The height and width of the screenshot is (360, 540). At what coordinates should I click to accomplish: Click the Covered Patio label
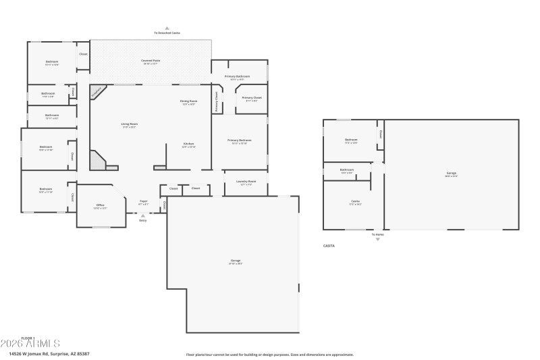pos(151,61)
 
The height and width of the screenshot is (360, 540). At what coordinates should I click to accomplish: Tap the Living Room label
pos(129,124)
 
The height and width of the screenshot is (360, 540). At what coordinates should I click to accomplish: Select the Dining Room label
pos(188,101)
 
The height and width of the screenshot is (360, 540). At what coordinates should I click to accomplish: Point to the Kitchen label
pos(189,144)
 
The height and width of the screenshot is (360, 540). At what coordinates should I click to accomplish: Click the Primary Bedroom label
pos(240,140)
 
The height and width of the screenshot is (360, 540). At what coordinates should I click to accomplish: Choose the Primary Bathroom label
pos(238,76)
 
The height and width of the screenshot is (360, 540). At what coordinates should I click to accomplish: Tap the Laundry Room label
pos(246,181)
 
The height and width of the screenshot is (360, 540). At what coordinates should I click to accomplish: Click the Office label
pos(100,205)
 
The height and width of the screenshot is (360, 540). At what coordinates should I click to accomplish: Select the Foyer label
pos(143,201)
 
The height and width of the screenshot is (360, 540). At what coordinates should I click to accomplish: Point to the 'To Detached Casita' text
pos(166,32)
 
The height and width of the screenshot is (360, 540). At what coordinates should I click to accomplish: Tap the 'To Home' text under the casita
pos(377,235)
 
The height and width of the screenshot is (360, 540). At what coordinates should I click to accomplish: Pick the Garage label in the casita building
pos(451,174)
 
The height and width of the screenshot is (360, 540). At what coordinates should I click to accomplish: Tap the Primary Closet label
pos(252,98)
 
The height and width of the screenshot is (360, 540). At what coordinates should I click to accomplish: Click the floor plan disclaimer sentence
pos(270,354)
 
